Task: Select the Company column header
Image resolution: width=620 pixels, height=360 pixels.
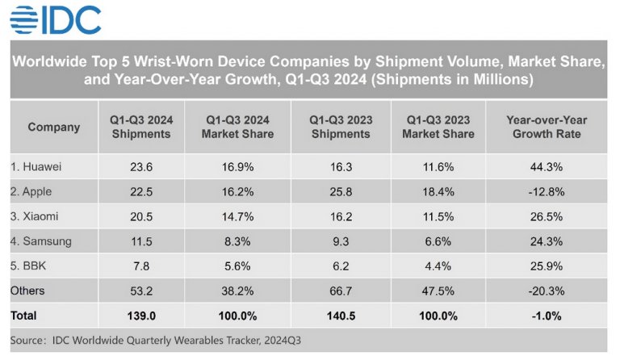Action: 54,127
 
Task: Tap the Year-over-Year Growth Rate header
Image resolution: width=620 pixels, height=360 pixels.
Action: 547,127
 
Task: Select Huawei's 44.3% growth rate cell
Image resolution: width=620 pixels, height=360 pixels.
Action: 547,167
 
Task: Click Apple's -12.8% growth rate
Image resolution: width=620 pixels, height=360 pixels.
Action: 547,192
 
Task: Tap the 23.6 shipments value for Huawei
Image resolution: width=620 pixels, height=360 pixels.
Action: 140,167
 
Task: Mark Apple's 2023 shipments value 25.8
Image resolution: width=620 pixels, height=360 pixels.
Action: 341,192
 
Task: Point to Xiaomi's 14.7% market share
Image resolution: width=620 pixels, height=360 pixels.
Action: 237,216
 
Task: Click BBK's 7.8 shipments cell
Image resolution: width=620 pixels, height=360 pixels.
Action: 140,266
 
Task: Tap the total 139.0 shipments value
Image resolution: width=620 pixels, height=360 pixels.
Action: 140,315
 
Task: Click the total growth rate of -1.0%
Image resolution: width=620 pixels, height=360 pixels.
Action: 547,315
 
